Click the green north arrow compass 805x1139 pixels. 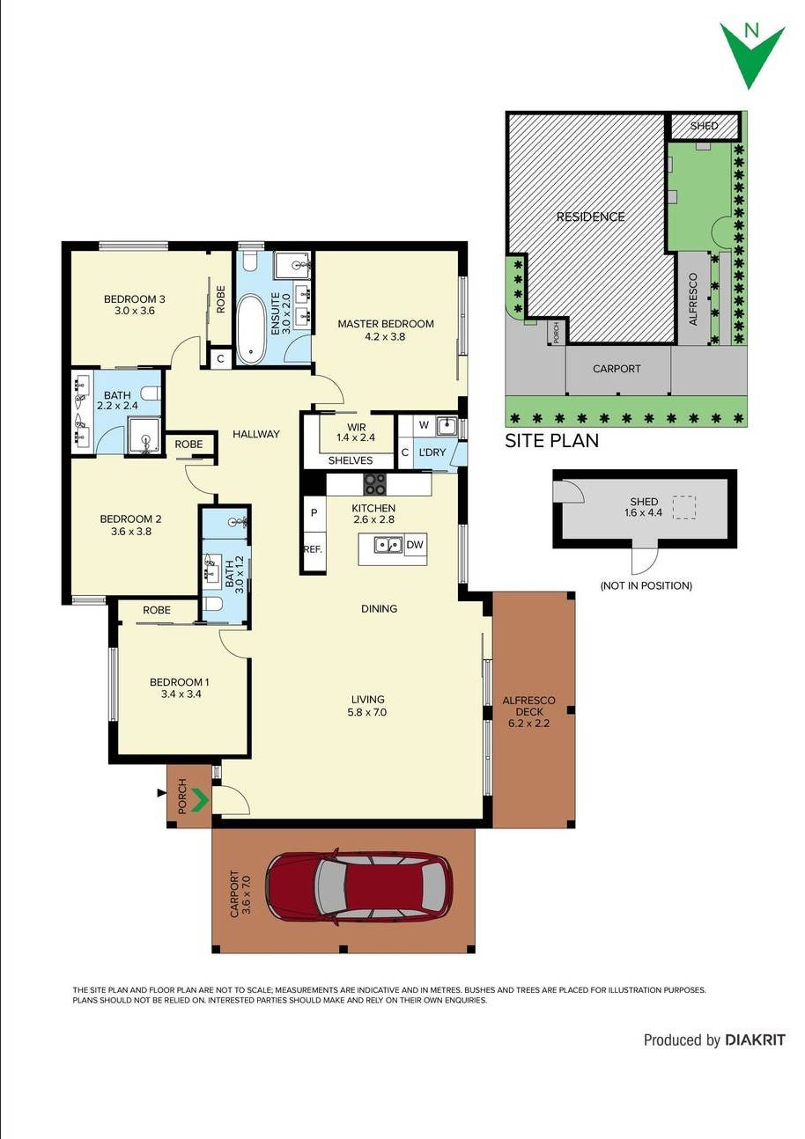751,53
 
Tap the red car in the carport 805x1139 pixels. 359,885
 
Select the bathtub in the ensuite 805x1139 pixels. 251,328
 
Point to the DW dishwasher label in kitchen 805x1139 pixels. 415,545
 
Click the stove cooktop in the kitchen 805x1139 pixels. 375,484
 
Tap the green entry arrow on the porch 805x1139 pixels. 200,799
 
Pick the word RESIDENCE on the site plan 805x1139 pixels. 590,217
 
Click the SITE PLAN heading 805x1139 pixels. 551,441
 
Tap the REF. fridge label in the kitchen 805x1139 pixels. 313,548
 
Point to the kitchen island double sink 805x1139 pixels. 388,546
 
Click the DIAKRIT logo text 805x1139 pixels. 755,1040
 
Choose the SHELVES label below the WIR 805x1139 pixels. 350,460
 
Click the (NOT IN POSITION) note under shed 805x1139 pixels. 646,585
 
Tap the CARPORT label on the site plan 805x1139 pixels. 617,369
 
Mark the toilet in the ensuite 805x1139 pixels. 248,261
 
